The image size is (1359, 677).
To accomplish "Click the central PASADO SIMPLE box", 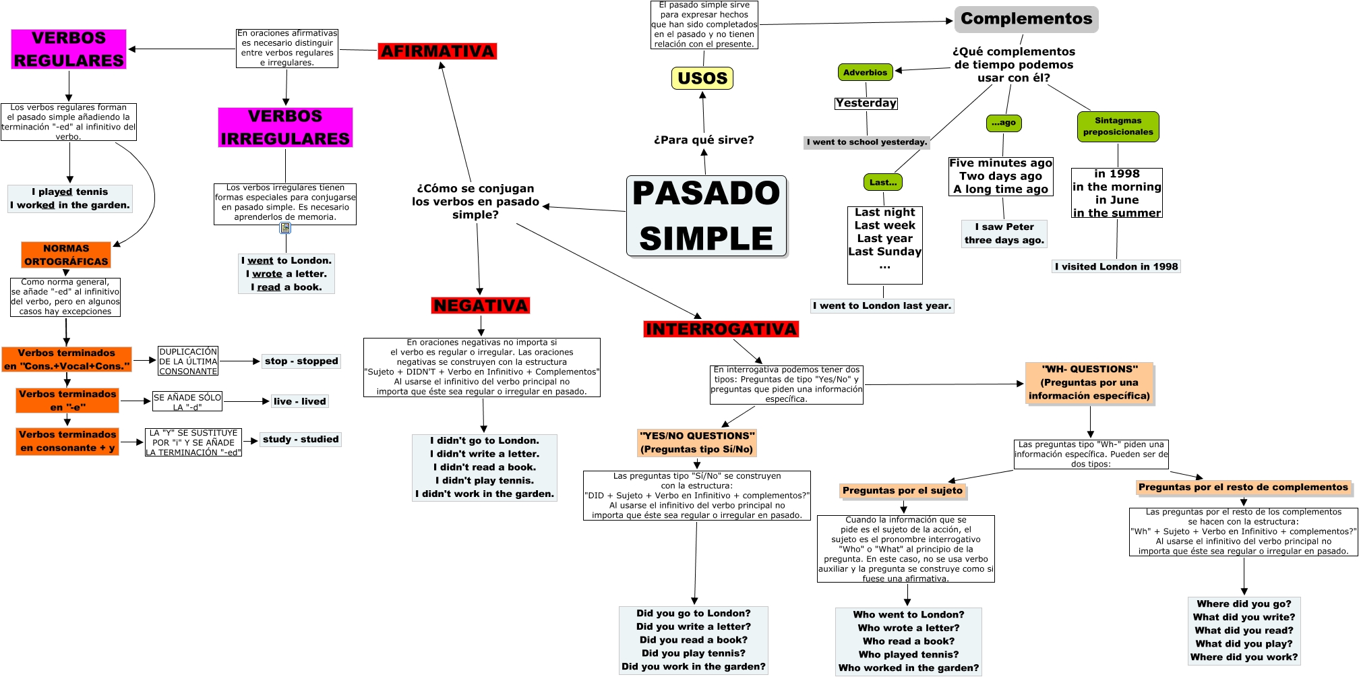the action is (x=706, y=216).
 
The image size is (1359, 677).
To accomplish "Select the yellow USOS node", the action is (x=702, y=78).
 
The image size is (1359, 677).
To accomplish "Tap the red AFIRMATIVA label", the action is (x=437, y=51).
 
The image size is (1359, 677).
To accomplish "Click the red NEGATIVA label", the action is (x=481, y=305).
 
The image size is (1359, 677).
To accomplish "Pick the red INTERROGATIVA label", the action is (x=721, y=329).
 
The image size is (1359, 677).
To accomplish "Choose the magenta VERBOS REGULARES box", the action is (x=69, y=49).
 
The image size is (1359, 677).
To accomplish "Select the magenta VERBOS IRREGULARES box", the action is (x=285, y=127).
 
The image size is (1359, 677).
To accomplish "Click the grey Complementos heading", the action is (x=1026, y=19).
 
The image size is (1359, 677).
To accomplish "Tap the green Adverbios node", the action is (x=865, y=72).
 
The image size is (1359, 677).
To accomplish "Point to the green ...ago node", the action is (x=1004, y=123).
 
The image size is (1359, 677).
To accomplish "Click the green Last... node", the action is (x=882, y=182).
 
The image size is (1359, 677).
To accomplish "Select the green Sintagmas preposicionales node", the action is (x=1118, y=127).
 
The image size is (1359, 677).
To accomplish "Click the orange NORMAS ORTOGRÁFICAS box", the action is (x=66, y=255).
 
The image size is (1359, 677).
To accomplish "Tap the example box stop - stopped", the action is (x=301, y=361).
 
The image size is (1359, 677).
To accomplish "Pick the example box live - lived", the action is (x=299, y=401).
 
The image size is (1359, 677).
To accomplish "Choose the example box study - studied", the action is (x=301, y=440).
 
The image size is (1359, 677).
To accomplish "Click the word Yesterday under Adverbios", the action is (x=866, y=103).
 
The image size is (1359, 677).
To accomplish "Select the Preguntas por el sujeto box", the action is (x=903, y=490).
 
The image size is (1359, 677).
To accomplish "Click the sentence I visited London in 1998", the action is (x=1116, y=266).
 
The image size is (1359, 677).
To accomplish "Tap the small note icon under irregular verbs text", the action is (x=285, y=228).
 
